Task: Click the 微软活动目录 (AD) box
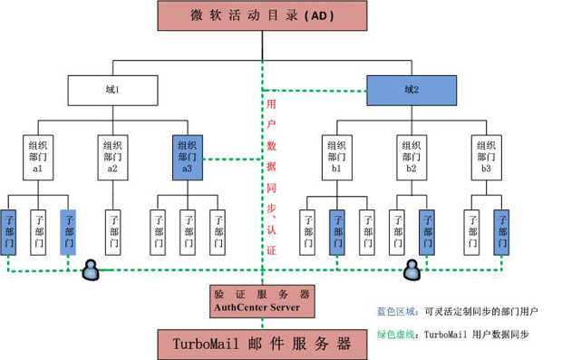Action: [262, 15]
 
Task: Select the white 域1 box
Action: [113, 91]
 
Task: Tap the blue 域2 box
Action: [412, 91]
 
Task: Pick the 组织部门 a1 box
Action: [38, 158]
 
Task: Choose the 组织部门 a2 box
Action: [113, 158]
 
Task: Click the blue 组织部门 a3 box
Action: [188, 158]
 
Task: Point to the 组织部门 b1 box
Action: [337, 158]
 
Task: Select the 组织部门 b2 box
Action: [412, 158]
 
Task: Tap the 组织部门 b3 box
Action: [487, 158]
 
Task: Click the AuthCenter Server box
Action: [262, 301]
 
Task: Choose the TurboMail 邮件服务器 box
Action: [262, 345]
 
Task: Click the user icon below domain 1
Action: [91, 269]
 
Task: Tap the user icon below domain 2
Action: [412, 269]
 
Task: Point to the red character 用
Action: [271, 104]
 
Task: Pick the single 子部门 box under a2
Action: [113, 232]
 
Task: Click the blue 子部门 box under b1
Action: [337, 232]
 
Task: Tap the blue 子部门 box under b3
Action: [501, 232]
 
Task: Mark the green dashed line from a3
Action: [233, 159]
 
